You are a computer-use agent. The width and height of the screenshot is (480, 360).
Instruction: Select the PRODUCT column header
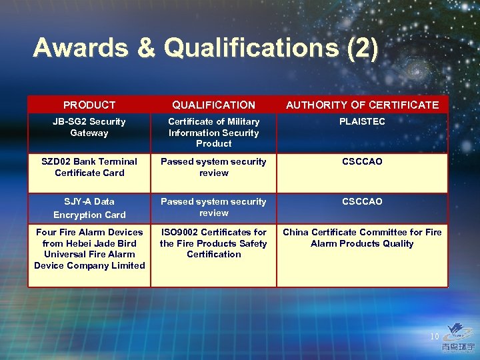[x=89, y=105]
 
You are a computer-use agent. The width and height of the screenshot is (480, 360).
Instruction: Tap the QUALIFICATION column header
[x=213, y=105]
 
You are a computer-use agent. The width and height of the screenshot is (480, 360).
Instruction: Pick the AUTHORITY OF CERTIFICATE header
[x=362, y=105]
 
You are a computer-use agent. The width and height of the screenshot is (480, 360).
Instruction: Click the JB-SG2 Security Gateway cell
[x=89, y=127]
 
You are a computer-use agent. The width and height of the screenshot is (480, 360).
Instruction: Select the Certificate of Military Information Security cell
[x=213, y=133]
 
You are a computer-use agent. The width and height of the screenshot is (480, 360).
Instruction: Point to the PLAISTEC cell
[x=362, y=122]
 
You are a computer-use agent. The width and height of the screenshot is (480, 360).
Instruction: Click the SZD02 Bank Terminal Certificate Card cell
[x=89, y=167]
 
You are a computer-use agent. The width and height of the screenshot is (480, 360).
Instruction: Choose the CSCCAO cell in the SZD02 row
[x=362, y=162]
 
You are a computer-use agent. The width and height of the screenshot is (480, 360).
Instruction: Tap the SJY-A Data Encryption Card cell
[x=89, y=208]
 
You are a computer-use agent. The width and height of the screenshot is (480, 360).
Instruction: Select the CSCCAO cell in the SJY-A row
[x=362, y=201]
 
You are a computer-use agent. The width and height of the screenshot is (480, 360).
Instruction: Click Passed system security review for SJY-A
[x=213, y=207]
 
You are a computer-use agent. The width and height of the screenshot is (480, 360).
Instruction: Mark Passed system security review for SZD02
[x=213, y=167]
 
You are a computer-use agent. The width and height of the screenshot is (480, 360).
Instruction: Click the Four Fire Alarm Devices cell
[x=89, y=249]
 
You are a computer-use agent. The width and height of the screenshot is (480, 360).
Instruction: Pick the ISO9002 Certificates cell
[x=213, y=243]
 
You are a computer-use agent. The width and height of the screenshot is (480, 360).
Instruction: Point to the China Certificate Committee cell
[x=362, y=238]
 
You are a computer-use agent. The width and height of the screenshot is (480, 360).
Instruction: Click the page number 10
[x=435, y=337]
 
